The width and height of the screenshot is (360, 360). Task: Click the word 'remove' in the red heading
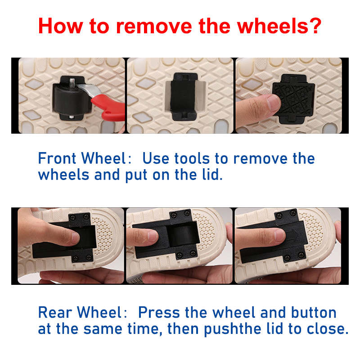pos(153,27)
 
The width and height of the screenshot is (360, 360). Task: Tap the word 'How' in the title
pos(61,26)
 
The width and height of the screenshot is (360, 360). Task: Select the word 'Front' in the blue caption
pos(57,158)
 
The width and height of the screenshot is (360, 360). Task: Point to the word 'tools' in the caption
pos(192,158)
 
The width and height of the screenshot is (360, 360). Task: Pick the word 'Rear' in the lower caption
pos(55,312)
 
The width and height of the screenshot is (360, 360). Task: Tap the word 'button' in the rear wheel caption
pos(314,312)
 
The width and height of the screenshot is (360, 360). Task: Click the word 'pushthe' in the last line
pos(233,329)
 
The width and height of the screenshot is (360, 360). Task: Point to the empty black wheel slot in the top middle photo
pos(184,96)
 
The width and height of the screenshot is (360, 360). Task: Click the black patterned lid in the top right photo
pos(293,98)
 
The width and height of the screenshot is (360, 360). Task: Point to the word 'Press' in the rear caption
pos(159,312)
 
